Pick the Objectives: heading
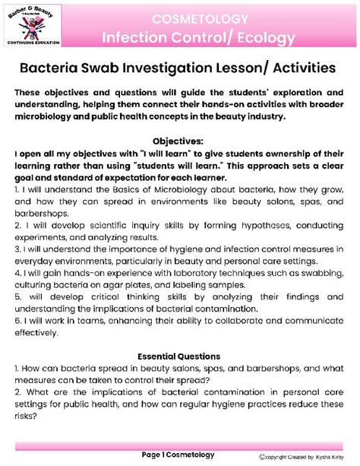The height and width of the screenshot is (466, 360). [179, 141]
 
